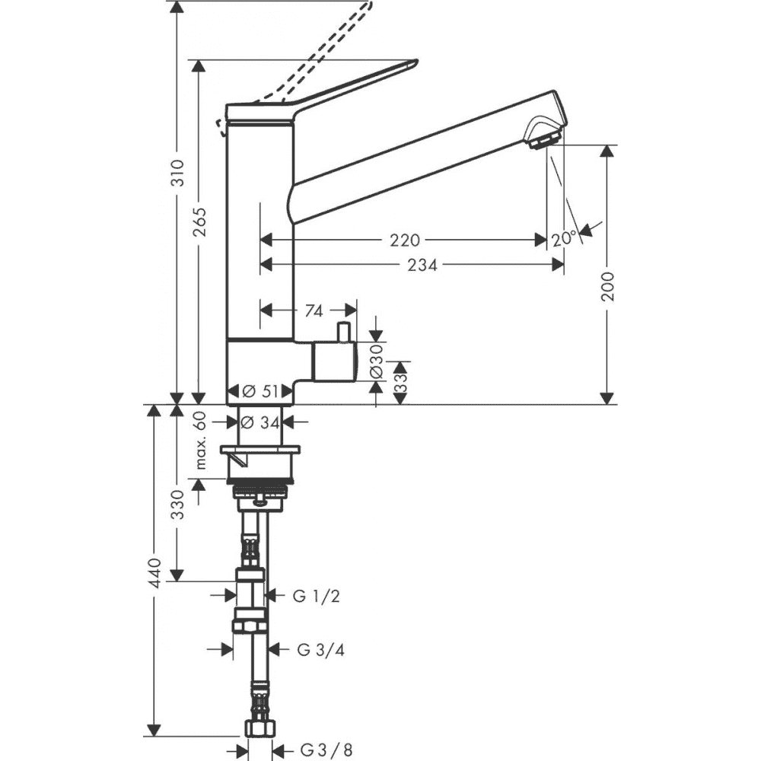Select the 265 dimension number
[x=199, y=221]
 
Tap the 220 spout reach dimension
[x=404, y=240]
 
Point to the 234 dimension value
[x=422, y=265]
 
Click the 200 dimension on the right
[x=607, y=287]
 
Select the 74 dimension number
[x=314, y=311]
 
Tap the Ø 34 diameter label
[x=260, y=423]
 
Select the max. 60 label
[x=202, y=440]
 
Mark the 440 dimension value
[x=154, y=573]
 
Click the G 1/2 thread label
[x=317, y=597]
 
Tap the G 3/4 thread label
[x=321, y=650]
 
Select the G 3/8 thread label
[x=326, y=750]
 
